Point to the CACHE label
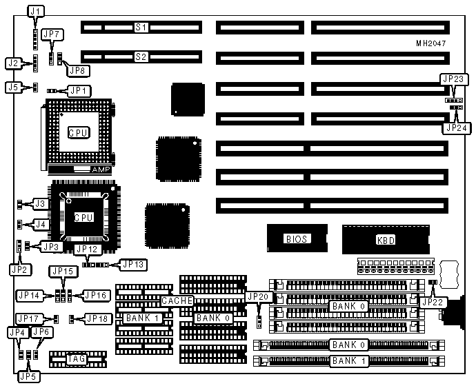pos(177,301)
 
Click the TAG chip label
pos(75,358)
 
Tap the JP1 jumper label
pos(78,90)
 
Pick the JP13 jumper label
pos(131,263)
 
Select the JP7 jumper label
pos(52,33)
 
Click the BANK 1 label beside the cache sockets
pos(143,318)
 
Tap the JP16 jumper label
pos(95,295)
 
